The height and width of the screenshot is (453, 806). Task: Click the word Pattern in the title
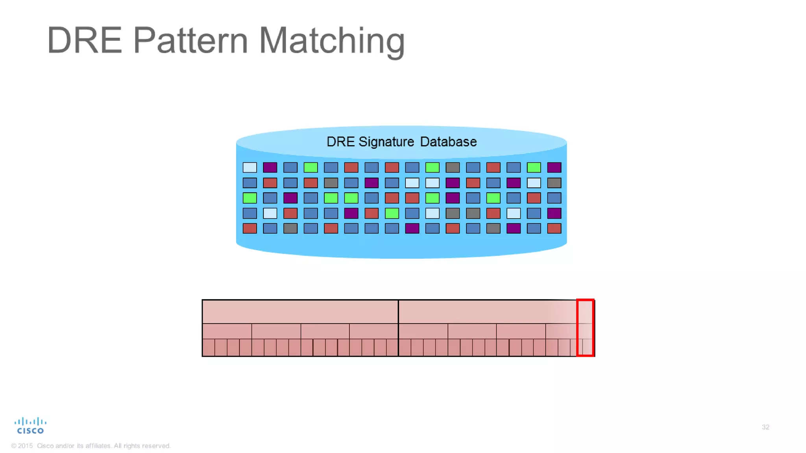(190, 40)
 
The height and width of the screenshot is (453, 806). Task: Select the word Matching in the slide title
(332, 41)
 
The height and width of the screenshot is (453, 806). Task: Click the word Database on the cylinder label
(448, 142)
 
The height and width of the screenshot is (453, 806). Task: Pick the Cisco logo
(30, 425)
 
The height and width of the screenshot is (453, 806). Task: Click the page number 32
(765, 427)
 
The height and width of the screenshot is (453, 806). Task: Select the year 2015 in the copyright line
(25, 446)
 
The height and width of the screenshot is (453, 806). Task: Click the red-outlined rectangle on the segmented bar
(585, 328)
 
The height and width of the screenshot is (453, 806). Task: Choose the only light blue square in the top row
(250, 168)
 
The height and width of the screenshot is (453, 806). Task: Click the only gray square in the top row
(453, 168)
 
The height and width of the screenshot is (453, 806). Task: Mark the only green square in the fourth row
(392, 213)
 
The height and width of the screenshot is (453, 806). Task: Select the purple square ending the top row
(554, 168)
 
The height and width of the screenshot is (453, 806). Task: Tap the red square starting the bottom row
(250, 228)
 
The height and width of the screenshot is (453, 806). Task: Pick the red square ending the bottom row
(554, 228)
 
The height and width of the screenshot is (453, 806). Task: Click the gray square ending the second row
(554, 183)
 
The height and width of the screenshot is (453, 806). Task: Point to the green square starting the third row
(250, 198)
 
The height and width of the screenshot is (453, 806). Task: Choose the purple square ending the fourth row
(554, 213)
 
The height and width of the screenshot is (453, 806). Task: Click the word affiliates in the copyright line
(98, 446)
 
